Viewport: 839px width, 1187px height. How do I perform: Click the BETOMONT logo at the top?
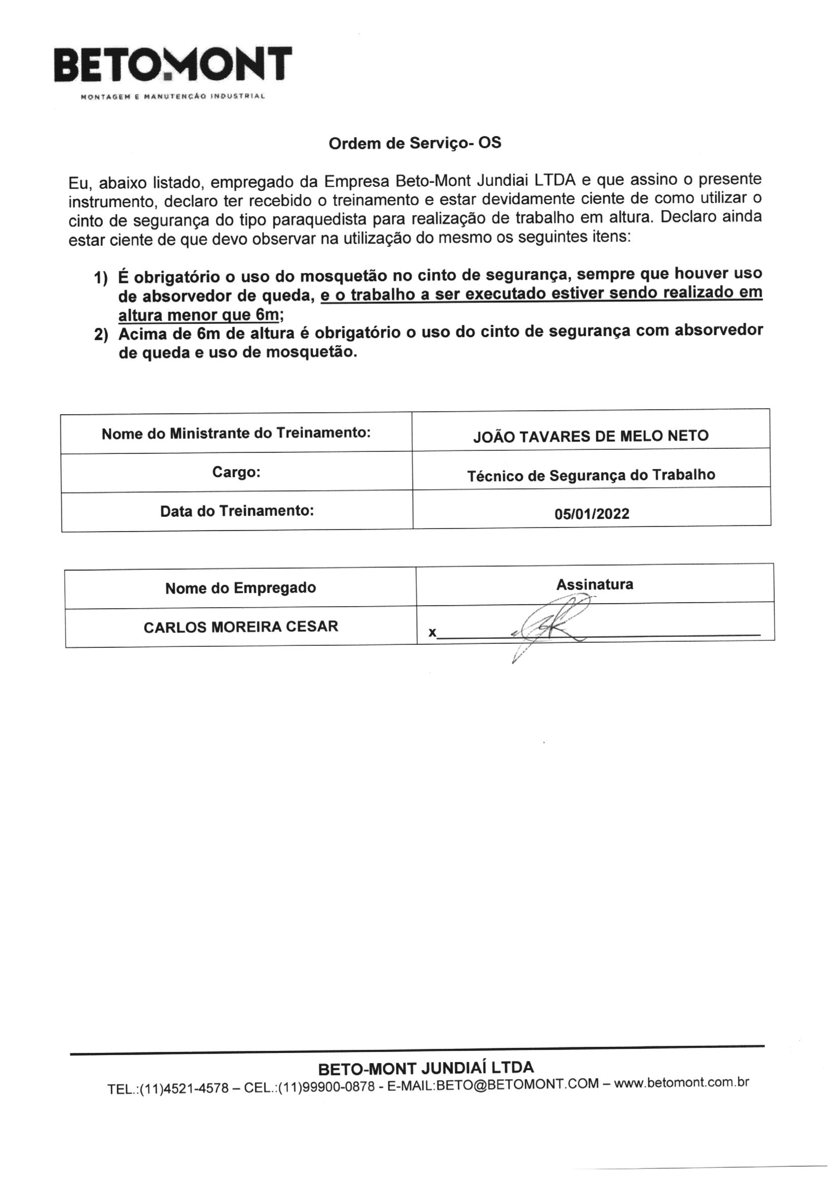pos(173,66)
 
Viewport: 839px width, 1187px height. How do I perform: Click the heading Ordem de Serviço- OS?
pos(415,143)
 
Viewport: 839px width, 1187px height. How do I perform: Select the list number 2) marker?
pos(100,335)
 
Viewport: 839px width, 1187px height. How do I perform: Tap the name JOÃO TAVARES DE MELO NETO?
pos(590,436)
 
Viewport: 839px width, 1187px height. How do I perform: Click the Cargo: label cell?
pos(236,472)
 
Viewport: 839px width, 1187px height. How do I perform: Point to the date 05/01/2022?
pos(591,514)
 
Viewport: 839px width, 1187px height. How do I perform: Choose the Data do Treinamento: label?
pos(237,511)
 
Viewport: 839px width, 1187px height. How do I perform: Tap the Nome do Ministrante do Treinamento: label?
pos(236,433)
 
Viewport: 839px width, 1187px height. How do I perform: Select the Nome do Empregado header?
pos(241,588)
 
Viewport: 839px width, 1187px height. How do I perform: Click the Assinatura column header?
pos(594,585)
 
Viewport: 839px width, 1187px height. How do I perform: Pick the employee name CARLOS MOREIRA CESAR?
pos(241,627)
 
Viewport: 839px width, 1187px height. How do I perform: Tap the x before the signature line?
pos(431,633)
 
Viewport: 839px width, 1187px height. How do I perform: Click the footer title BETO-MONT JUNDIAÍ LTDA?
pos(425,1068)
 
